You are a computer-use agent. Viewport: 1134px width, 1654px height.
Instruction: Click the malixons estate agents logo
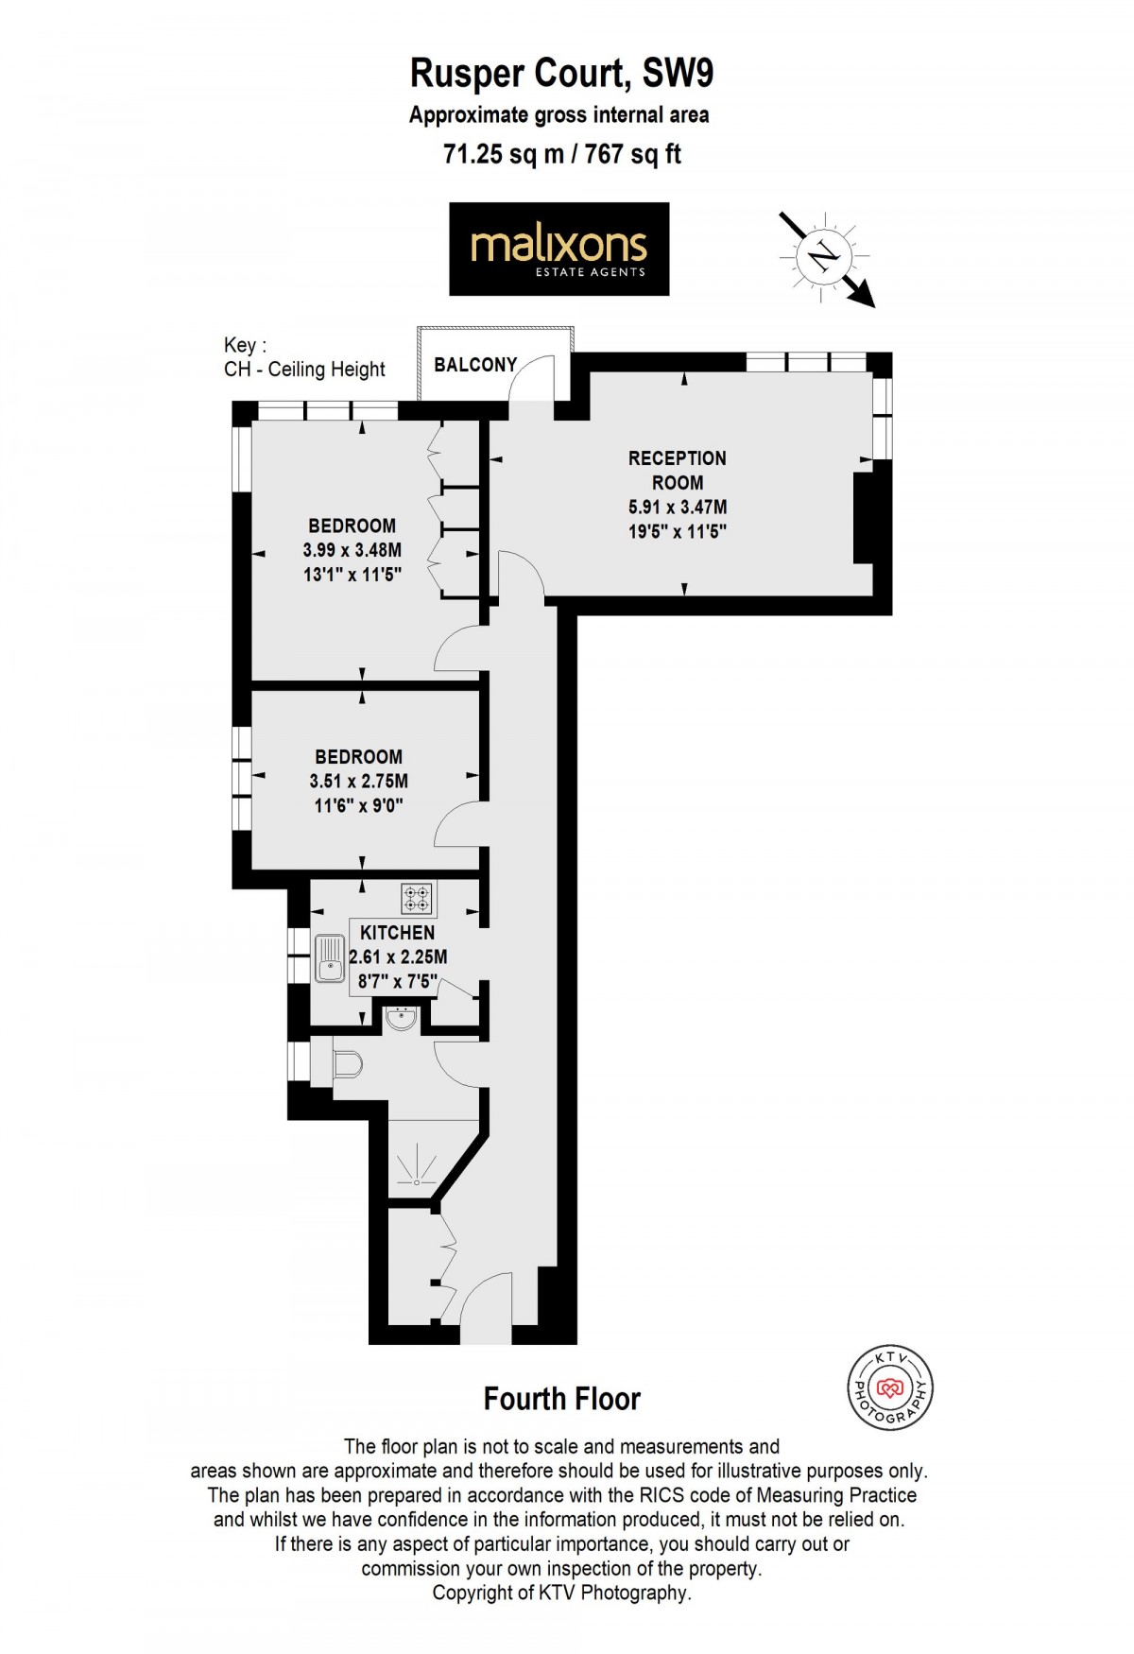coord(559,249)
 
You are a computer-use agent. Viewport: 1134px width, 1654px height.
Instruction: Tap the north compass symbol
coord(825,256)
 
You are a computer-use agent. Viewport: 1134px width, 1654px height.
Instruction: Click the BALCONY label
coord(475,365)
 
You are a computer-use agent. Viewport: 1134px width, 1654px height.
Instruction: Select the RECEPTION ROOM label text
coord(678,471)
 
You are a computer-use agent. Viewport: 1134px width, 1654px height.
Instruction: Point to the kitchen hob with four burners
coord(417,898)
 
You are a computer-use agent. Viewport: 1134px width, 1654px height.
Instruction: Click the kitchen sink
coord(330,958)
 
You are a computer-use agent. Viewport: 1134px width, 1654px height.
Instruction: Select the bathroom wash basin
coord(402,1018)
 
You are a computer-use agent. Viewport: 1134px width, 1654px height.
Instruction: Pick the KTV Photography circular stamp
coord(889,1387)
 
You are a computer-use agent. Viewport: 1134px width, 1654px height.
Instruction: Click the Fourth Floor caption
coord(562,1399)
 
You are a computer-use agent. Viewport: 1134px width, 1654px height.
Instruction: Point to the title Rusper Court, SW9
coord(561,73)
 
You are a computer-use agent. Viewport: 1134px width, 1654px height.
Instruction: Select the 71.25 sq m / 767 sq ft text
coord(562,153)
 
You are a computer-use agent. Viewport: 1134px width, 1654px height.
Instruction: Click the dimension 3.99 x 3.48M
coord(352,550)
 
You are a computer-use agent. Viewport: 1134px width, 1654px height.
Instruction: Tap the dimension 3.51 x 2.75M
coord(359,782)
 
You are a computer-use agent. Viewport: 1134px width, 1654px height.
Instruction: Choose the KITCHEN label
coord(398,933)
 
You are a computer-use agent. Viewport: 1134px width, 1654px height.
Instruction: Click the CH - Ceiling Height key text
coord(304,370)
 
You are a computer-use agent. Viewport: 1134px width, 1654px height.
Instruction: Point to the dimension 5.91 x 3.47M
coord(678,508)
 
